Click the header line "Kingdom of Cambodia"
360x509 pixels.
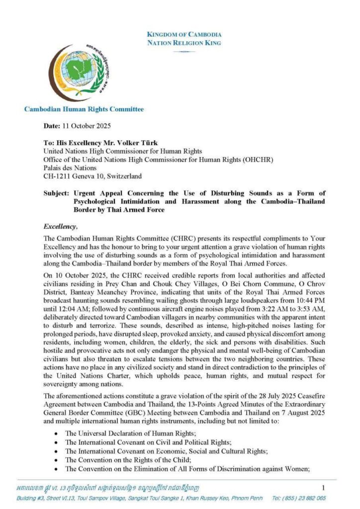(x=184, y=34)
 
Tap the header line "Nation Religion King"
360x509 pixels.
(x=184, y=43)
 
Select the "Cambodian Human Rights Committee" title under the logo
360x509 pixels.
(x=84, y=109)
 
